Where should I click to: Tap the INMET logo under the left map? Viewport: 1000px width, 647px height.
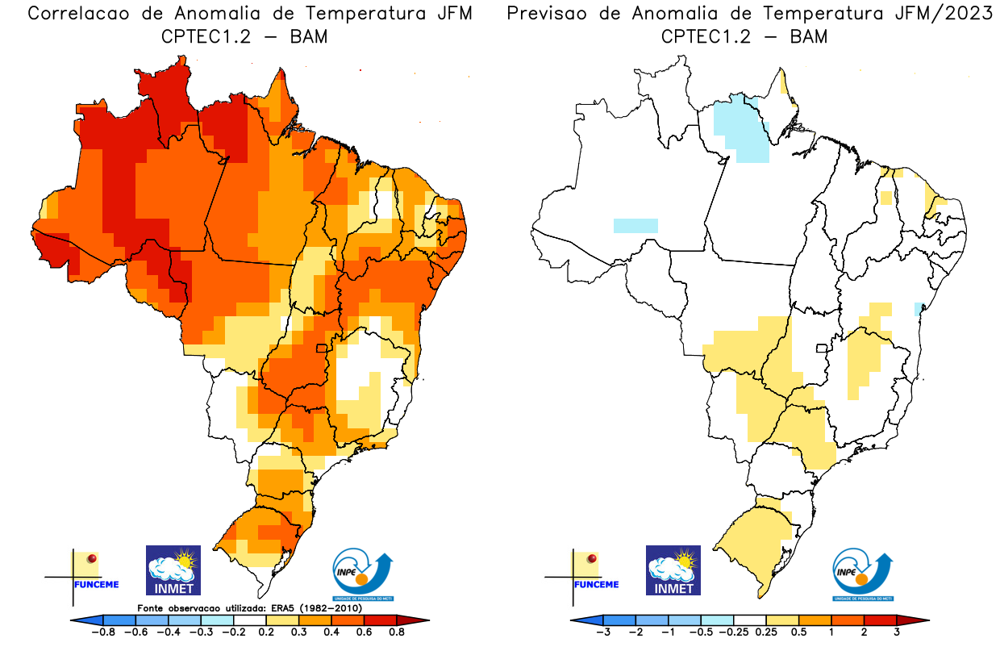click(x=173, y=570)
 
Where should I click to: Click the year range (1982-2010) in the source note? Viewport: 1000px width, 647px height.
click(x=334, y=607)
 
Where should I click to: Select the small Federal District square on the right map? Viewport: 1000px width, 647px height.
click(x=822, y=349)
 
